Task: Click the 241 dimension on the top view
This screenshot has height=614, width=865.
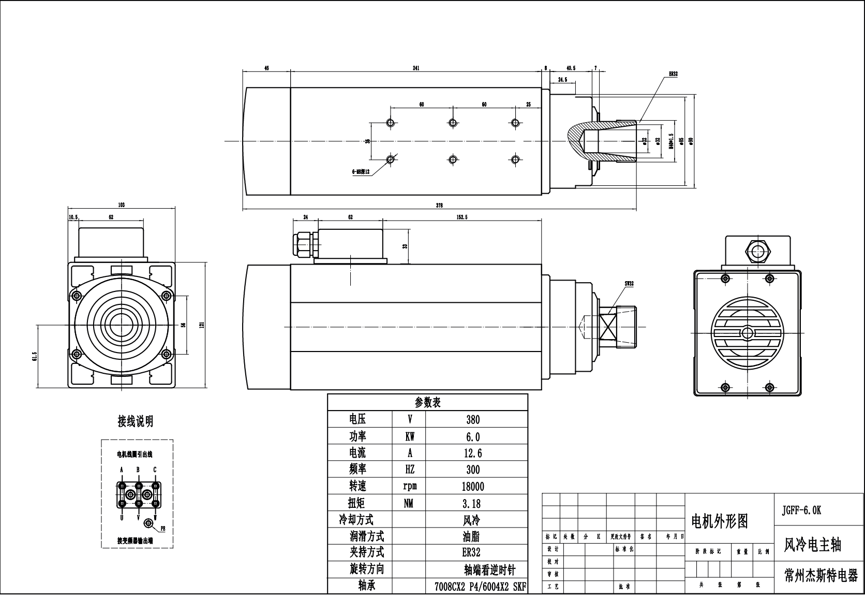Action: pos(415,67)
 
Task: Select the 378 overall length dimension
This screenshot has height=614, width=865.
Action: pos(439,206)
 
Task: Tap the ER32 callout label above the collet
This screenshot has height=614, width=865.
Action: pos(673,74)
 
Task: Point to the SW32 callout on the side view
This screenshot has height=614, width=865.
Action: pos(629,284)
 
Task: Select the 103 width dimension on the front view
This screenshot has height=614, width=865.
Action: pos(122,205)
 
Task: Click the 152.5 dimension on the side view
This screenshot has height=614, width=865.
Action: pos(462,217)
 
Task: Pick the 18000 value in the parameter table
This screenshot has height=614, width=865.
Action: pos(473,487)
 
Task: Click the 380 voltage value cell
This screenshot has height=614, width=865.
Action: pos(473,420)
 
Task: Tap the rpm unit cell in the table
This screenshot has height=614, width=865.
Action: pos(410,486)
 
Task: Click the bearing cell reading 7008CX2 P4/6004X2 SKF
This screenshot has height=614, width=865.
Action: pos(479,587)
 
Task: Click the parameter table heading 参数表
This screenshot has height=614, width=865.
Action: pos(427,403)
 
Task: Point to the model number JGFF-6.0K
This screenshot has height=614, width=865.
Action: pos(801,510)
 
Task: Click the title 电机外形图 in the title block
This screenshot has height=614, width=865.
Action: pos(720,521)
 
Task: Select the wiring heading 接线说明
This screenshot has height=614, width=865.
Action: pos(136,421)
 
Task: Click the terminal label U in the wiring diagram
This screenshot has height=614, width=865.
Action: pos(122,517)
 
